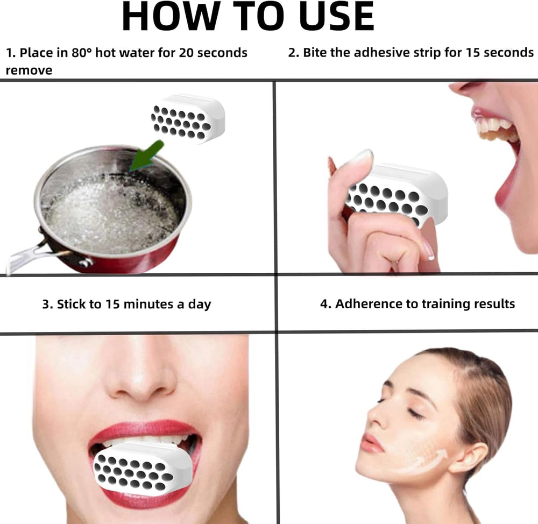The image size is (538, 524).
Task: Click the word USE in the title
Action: pyautogui.click(x=337, y=16)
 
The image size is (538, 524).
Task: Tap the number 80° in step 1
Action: pyautogui.click(x=82, y=53)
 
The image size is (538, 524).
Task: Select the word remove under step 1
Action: pyautogui.click(x=29, y=70)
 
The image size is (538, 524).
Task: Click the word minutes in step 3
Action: pyautogui.click(x=148, y=304)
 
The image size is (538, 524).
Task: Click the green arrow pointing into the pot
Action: pyautogui.click(x=147, y=155)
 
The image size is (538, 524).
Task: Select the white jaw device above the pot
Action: pyautogui.click(x=188, y=118)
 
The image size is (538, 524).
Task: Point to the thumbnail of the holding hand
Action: pyautogui.click(x=362, y=157)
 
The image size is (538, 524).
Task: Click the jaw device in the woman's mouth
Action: pyautogui.click(x=143, y=468)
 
